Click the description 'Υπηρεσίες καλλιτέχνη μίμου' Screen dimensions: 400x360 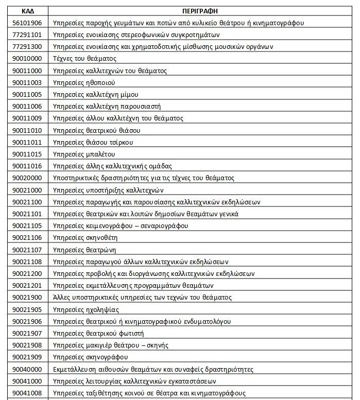[95, 94]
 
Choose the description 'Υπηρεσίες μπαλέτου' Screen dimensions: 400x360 [84, 154]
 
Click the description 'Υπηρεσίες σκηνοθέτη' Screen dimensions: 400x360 [85, 237]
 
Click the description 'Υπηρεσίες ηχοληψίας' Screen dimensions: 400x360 [86, 309]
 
